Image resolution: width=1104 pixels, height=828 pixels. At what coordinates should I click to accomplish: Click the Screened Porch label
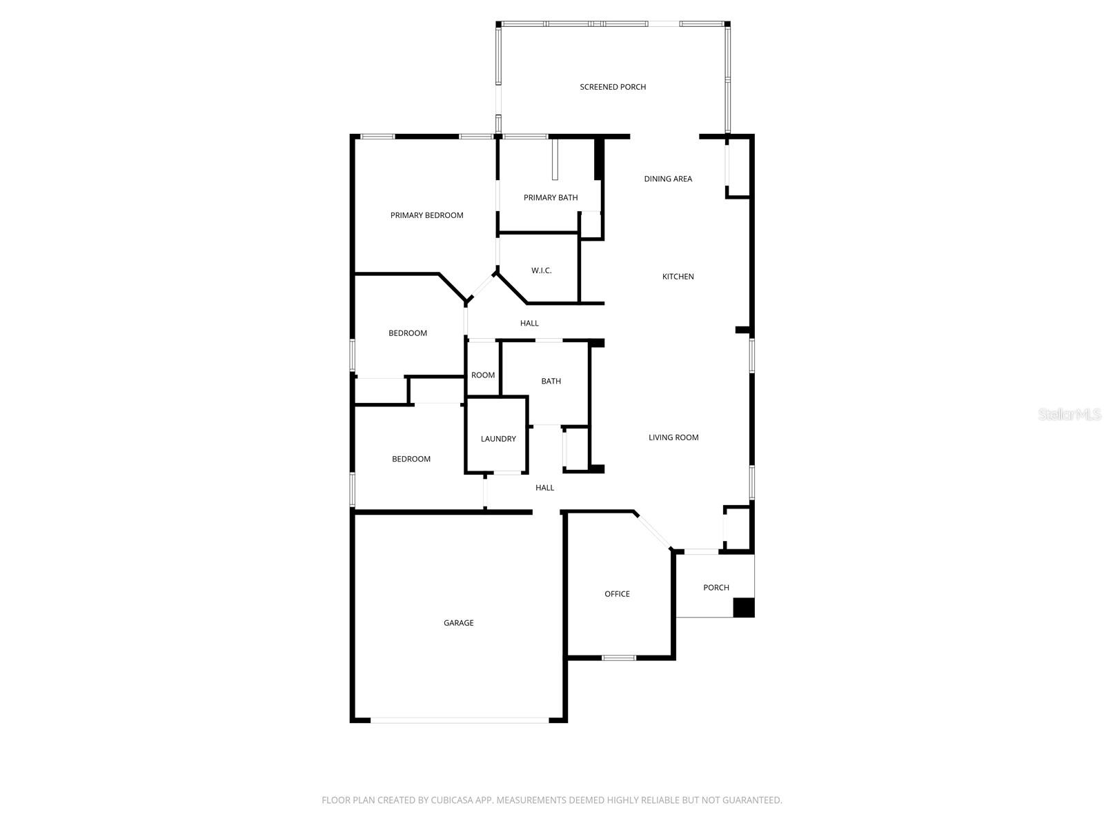(613, 87)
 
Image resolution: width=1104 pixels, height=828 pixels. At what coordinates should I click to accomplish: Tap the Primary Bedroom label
(426, 215)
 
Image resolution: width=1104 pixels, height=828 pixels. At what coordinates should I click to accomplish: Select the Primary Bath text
(551, 198)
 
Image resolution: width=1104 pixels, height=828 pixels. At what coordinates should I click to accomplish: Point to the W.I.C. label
(541, 270)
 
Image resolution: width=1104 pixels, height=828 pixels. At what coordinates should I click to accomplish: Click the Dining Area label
(668, 179)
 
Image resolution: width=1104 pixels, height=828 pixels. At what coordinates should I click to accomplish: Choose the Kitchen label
(678, 277)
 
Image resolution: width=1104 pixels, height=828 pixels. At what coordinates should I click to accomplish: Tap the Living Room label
(673, 437)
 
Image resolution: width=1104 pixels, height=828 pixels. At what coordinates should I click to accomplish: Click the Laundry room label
(498, 439)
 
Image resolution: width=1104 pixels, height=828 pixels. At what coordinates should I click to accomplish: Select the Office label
(617, 594)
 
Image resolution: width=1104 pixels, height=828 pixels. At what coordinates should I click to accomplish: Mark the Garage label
(458, 623)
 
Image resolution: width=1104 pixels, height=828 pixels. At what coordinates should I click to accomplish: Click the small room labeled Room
(483, 375)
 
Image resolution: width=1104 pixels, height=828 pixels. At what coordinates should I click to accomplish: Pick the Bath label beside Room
(551, 382)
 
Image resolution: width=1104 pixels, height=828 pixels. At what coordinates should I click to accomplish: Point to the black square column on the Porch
(743, 608)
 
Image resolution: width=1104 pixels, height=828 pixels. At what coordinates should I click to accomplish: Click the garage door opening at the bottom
(460, 720)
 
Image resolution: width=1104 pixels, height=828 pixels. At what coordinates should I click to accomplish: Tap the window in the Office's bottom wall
(618, 658)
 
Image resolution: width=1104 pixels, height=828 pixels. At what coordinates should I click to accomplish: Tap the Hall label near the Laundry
(544, 488)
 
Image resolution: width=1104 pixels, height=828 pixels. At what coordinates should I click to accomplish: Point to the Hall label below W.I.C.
(529, 323)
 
